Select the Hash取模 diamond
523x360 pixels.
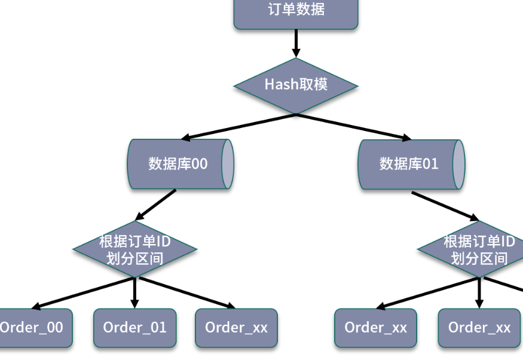coord(296,85)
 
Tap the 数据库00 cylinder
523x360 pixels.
coord(177,164)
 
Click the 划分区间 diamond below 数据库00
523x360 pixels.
coord(134,249)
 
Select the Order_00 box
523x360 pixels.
coord(33,328)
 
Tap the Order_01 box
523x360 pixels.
coord(134,328)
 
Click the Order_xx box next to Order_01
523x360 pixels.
coord(236,328)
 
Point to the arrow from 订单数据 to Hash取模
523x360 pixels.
coord(296,43)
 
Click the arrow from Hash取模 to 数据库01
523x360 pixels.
coord(353,126)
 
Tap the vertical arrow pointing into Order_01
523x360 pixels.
coord(134,293)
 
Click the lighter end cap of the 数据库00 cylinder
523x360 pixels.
coord(227,164)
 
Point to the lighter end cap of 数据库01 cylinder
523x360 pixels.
coord(458,164)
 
